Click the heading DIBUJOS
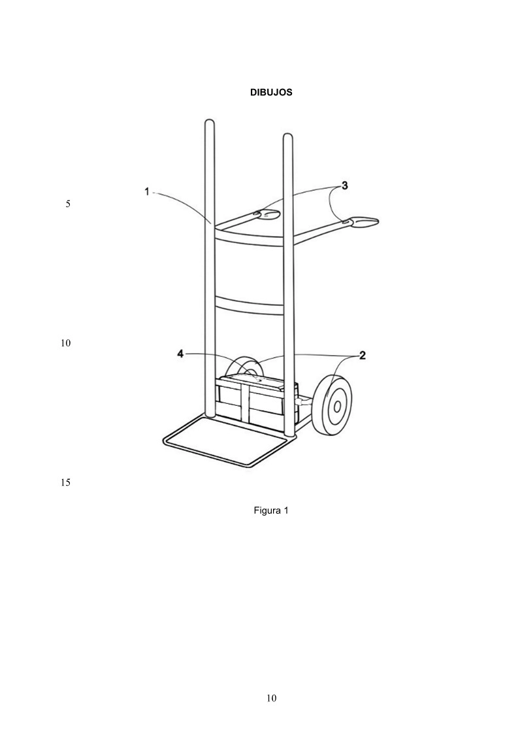(x=271, y=92)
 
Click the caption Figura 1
(x=271, y=510)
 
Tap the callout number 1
(x=147, y=192)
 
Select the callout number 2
(x=362, y=356)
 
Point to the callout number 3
(x=344, y=186)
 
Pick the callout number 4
(x=180, y=354)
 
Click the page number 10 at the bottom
(x=271, y=699)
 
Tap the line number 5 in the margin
(x=68, y=204)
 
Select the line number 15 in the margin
(x=65, y=482)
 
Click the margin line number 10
(x=65, y=343)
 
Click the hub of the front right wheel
(x=336, y=406)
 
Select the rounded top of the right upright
(x=288, y=137)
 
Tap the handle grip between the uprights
(x=266, y=214)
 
